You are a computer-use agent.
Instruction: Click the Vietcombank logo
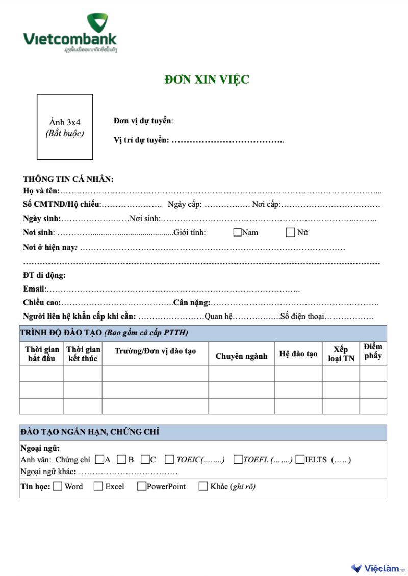click(x=70, y=34)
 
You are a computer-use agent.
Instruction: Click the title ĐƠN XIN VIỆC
click(x=207, y=80)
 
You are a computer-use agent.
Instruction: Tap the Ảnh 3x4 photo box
click(x=65, y=127)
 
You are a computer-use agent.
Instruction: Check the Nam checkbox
click(x=237, y=233)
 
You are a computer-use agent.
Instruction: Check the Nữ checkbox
click(x=291, y=233)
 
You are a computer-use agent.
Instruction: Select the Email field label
click(x=34, y=289)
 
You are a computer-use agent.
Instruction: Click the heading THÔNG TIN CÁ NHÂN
click(x=68, y=179)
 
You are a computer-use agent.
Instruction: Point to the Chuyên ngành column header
click(x=241, y=356)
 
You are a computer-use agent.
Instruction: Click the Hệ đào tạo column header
click(x=298, y=354)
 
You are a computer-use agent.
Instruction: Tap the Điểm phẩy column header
click(x=373, y=351)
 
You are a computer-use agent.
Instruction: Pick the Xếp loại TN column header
click(x=341, y=354)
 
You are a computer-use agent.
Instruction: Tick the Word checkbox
click(x=58, y=486)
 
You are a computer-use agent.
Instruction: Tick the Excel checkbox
click(x=98, y=486)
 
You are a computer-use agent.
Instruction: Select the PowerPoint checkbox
click(x=142, y=486)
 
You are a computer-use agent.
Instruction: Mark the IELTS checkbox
click(x=300, y=459)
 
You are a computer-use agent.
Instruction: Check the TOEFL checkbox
click(x=238, y=459)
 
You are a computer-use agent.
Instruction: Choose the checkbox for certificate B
click(x=121, y=459)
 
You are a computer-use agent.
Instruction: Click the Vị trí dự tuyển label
click(x=141, y=140)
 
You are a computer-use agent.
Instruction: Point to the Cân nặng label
click(x=192, y=303)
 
